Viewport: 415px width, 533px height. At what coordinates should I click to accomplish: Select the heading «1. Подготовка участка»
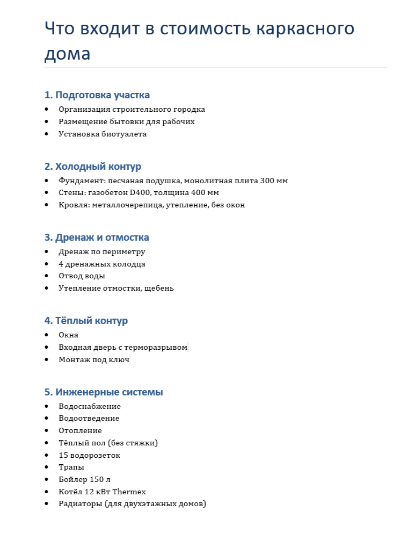point(97,95)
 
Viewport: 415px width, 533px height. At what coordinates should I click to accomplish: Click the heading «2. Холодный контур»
point(92,167)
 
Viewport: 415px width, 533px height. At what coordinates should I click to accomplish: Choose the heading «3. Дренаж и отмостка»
point(97,237)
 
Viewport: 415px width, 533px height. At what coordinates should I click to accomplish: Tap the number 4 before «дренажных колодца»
point(61,264)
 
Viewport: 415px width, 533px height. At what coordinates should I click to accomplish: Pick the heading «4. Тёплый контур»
point(86,321)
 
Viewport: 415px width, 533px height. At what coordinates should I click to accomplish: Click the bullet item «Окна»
point(68,335)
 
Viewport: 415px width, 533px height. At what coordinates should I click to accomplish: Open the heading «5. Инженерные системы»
point(104,392)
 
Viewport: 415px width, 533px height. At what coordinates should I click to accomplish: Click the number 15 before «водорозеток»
point(63,455)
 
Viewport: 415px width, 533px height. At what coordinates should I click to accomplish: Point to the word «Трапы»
point(71,467)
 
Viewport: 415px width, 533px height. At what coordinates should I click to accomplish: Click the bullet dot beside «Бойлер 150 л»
point(47,479)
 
